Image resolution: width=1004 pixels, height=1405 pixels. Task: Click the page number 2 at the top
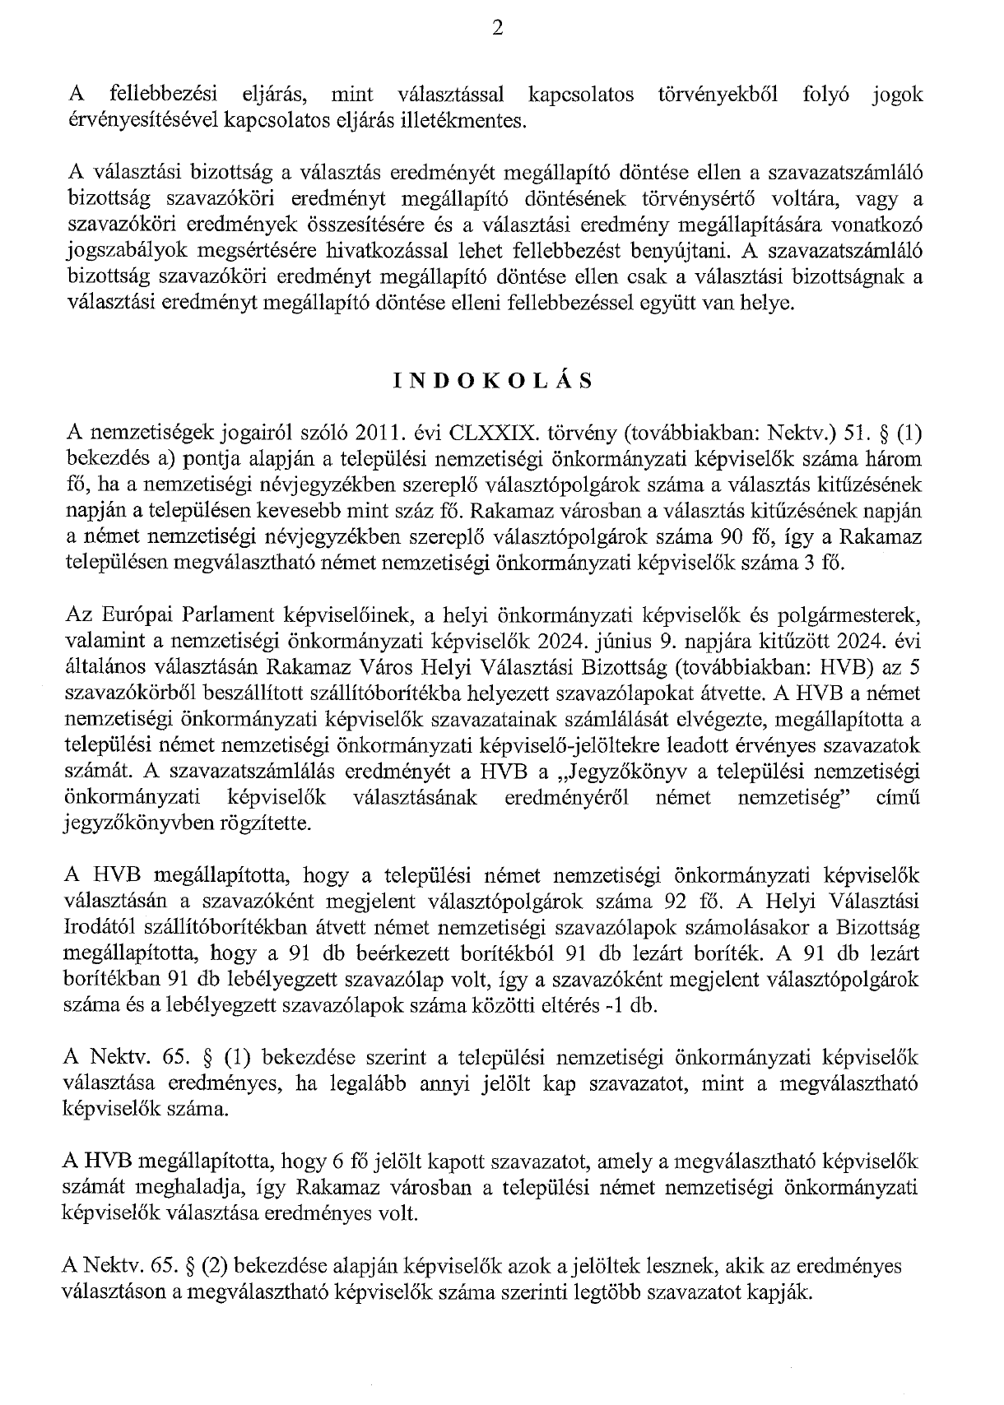click(496, 30)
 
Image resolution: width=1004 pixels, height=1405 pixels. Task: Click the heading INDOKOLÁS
click(494, 380)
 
